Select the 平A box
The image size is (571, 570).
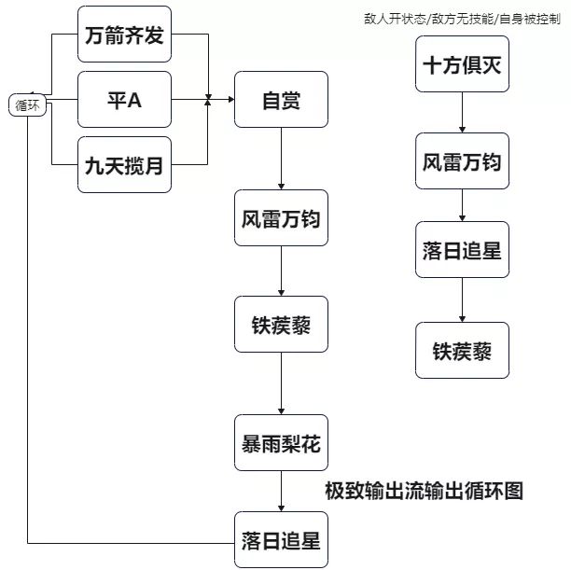125,99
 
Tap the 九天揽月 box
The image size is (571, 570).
125,165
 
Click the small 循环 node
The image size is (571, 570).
29,106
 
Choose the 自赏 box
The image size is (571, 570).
281,99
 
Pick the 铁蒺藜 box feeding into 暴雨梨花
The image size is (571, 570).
281,327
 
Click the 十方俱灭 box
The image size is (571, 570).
463,65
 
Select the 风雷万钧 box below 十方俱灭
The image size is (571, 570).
463,161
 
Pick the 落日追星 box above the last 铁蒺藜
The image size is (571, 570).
463,250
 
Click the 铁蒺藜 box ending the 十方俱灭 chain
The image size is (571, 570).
463,350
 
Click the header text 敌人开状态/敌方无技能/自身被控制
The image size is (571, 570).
464,18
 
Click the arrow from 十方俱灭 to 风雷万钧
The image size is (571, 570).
463,114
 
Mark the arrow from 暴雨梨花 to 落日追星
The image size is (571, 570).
281,492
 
